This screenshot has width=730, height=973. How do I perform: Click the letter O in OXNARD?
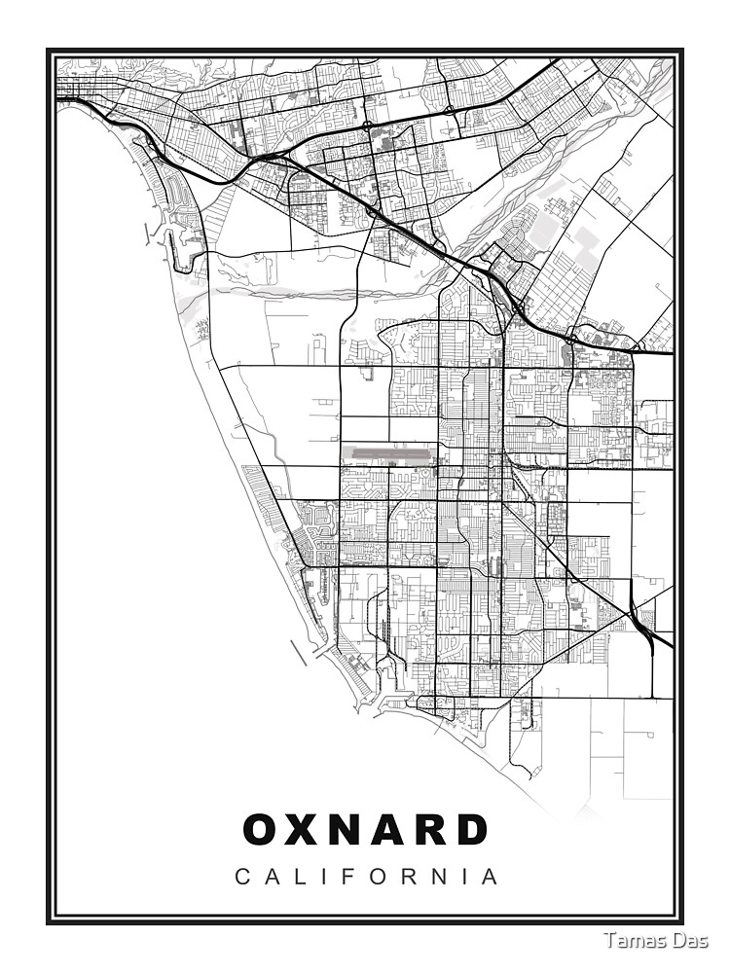pyautogui.click(x=262, y=830)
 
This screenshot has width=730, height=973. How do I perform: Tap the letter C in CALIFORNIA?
pyautogui.click(x=242, y=878)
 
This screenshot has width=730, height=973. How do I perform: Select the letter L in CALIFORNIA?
pyautogui.click(x=301, y=878)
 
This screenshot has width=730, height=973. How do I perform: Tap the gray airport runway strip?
pyautogui.click(x=389, y=452)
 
